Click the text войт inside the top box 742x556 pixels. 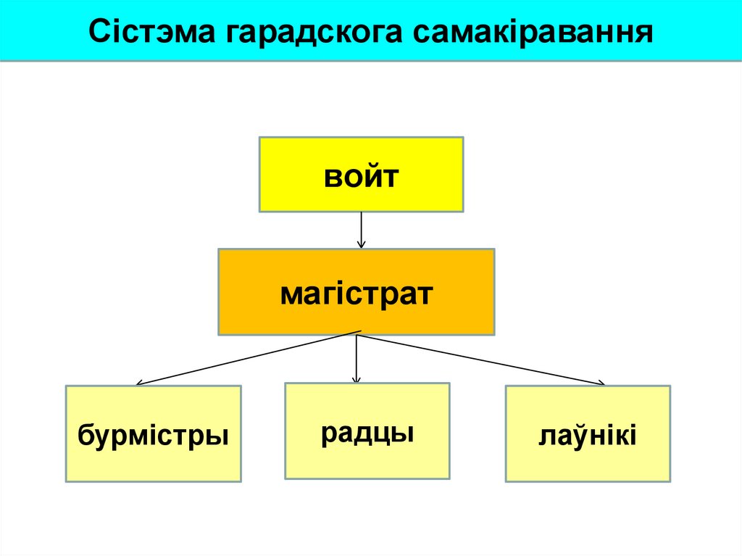click(x=361, y=176)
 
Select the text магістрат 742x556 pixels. click(x=356, y=294)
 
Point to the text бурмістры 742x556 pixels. click(x=153, y=436)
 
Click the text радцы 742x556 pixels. click(x=367, y=433)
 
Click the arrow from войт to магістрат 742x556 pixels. click(x=361, y=230)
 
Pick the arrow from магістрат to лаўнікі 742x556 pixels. click(x=482, y=359)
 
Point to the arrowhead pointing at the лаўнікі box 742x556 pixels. click(x=601, y=383)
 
